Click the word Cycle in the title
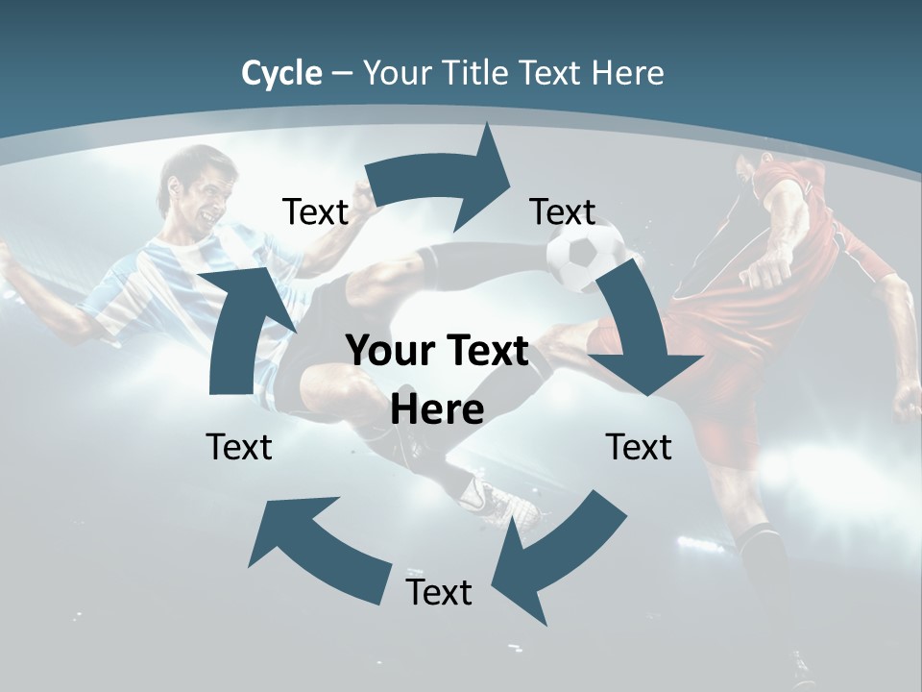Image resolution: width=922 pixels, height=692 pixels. (281, 73)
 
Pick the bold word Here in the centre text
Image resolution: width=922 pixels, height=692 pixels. (437, 409)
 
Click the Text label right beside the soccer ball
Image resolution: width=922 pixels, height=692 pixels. (563, 211)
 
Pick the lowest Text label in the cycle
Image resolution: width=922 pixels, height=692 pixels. (439, 592)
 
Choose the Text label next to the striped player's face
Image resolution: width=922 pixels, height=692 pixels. (315, 211)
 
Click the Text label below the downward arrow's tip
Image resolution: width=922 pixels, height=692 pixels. (639, 447)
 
